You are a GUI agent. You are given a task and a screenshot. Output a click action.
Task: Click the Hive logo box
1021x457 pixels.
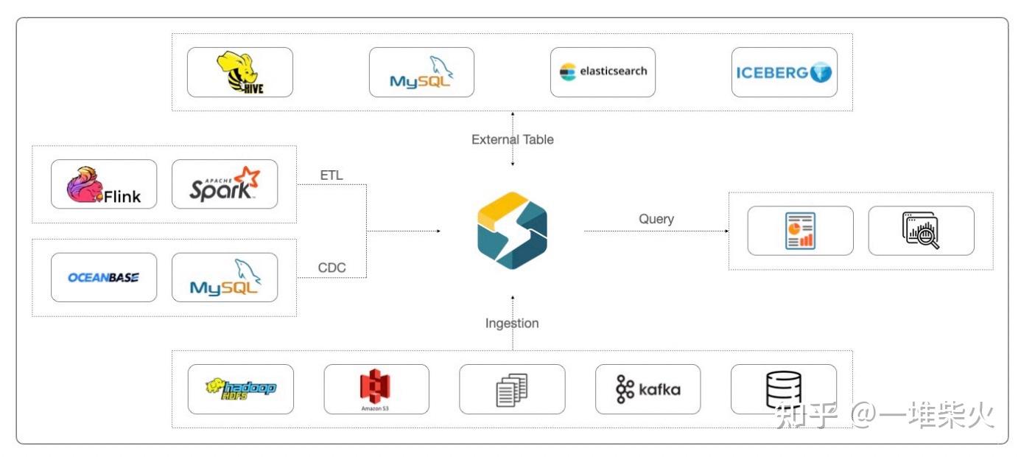point(240,72)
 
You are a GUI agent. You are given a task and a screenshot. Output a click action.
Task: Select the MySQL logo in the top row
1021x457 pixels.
point(421,72)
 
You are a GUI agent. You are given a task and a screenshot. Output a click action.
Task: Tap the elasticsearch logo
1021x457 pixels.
point(603,72)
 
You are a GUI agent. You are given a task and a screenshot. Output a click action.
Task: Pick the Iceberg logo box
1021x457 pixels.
point(784,72)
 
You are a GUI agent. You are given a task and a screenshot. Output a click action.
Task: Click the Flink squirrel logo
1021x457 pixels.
point(104,184)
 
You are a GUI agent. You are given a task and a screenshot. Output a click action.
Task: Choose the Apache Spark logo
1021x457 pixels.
point(225,184)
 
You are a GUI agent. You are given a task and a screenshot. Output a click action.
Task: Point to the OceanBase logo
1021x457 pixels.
point(104,277)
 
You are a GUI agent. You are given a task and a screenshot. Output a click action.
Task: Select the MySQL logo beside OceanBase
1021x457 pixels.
point(225,277)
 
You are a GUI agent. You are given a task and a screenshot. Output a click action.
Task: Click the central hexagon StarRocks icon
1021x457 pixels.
point(512,230)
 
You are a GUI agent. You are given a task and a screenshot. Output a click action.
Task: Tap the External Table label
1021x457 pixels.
point(512,139)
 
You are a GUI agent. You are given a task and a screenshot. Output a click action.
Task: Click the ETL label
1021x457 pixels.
point(331,175)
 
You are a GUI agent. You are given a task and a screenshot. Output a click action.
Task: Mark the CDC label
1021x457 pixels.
point(331,268)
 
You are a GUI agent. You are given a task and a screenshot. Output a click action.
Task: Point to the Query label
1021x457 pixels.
point(656,219)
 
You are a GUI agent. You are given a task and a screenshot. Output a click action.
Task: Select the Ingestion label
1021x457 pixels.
point(512,323)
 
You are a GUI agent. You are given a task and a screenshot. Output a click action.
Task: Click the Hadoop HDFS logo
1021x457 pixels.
point(240,388)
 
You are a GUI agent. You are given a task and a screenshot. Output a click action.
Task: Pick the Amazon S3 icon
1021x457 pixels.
point(376,388)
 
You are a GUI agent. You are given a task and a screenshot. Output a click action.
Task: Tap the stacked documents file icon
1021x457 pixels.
point(512,390)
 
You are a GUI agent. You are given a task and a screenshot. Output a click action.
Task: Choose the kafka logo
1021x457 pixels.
point(648,388)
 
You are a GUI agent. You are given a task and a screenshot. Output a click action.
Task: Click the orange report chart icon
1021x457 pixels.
point(800,231)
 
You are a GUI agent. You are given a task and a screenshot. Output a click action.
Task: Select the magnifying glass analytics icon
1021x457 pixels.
point(921,231)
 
